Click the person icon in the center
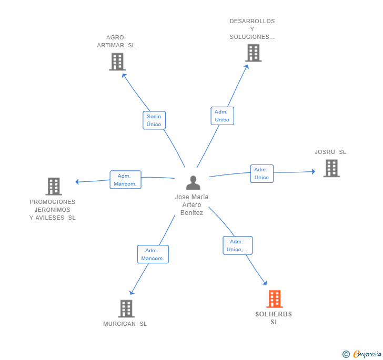point(193,183)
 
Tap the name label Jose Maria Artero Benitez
point(191,205)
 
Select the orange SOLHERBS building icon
point(274,299)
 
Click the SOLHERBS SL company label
point(274,318)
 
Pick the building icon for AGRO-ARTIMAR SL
point(117,61)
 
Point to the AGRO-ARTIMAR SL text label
point(116,42)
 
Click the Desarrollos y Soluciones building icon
point(253,53)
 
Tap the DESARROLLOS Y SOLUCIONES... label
point(252,29)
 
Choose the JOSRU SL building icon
point(331,168)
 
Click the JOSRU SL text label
point(330,152)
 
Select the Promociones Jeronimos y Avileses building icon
point(53,186)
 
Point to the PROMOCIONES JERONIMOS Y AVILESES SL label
point(53,210)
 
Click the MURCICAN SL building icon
point(126,308)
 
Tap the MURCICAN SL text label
point(125,324)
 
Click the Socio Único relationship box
point(154,120)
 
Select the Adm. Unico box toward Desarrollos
point(222,116)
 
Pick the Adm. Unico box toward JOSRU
point(261,173)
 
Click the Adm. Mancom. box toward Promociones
point(125,180)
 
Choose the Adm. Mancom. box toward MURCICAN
point(153,254)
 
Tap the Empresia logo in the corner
point(362,354)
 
